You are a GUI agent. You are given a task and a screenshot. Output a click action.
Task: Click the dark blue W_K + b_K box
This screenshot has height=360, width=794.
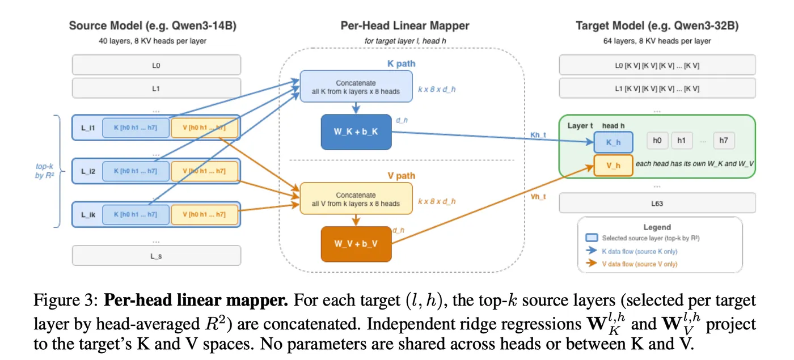(356, 132)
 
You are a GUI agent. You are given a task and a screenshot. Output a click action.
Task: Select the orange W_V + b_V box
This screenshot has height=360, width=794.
(356, 244)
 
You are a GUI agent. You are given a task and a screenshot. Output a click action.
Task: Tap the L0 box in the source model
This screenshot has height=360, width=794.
(157, 65)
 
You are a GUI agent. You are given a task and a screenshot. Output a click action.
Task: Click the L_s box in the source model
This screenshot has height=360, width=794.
(157, 256)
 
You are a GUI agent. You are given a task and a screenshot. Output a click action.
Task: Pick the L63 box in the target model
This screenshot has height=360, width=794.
(657, 203)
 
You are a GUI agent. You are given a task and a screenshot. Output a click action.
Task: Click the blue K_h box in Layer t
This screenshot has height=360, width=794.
(613, 142)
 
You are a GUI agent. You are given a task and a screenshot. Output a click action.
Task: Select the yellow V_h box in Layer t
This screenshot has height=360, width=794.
(613, 165)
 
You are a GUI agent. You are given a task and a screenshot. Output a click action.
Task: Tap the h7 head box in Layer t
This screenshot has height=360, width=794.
(724, 141)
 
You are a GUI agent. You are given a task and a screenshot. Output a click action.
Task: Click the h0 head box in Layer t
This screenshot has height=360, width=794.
(657, 141)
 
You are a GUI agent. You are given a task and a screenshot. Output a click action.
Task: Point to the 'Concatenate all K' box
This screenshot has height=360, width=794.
(356, 86)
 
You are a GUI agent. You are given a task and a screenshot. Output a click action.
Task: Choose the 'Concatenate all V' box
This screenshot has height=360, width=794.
(356, 198)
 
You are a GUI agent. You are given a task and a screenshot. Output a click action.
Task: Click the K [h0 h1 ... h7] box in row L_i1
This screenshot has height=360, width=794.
(136, 128)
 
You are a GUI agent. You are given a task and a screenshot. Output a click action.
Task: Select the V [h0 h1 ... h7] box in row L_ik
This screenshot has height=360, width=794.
(205, 214)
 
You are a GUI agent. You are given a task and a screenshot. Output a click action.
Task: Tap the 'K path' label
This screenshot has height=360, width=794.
(402, 63)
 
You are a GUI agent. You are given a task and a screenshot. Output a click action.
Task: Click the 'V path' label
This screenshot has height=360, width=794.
(402, 176)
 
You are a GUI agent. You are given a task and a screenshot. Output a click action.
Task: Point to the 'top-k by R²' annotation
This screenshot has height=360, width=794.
(45, 171)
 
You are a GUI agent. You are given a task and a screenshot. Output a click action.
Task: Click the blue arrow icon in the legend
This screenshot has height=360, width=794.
(591, 251)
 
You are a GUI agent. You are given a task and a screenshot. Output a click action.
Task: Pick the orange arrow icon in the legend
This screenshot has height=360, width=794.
(591, 263)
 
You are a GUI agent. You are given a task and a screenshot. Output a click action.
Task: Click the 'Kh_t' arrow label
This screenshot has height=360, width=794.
(538, 135)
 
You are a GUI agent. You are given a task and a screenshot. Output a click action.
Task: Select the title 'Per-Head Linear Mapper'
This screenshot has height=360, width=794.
(405, 26)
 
